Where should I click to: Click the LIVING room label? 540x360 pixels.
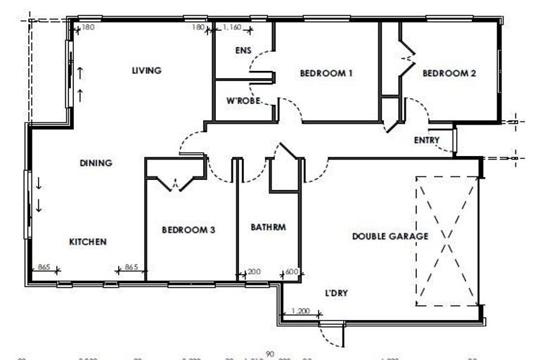147,70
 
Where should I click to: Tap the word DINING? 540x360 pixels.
96,163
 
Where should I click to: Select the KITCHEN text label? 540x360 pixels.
88,242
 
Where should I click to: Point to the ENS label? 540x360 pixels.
243,51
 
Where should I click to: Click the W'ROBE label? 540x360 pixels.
243,101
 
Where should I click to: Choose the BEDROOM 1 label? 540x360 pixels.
326,73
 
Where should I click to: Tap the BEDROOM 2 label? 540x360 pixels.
450,72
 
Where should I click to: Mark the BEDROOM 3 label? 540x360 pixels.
188,230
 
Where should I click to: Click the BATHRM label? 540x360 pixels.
268,228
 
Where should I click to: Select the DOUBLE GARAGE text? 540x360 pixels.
390,236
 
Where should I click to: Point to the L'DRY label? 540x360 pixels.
337,292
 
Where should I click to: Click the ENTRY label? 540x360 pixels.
427,140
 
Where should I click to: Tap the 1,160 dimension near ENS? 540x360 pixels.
231,27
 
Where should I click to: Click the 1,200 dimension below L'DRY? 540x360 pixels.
300,310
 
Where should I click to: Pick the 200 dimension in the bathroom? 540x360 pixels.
253,271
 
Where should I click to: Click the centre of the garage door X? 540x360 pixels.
447,240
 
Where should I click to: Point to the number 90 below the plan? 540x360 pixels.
270,354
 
